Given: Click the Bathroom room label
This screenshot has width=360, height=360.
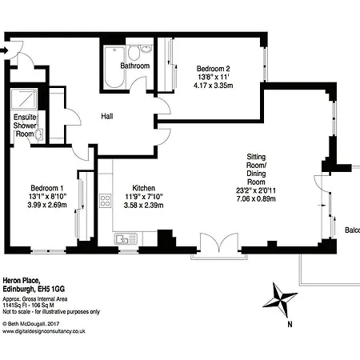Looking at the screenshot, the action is coord(134,66).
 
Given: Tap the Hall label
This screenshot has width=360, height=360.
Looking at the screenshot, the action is coord(107,116).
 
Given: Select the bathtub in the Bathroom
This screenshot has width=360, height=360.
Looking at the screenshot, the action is coord(114,67).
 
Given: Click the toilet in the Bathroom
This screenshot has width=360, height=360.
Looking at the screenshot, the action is coord(134,52).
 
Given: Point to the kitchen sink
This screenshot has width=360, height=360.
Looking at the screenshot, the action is coord(126,238).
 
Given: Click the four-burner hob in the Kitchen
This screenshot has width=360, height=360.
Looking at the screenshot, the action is coord(105,201).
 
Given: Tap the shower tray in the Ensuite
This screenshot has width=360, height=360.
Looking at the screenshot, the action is coord(24,98).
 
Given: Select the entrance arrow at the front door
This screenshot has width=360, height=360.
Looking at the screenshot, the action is coord(3,50).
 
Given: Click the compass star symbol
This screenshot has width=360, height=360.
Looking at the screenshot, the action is coord(280,299).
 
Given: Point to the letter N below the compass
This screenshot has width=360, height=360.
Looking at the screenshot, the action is coord(290,324).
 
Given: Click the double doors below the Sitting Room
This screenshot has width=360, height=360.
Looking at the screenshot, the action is coord(219,242).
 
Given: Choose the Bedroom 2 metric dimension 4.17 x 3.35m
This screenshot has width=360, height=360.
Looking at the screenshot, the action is coord(213,86).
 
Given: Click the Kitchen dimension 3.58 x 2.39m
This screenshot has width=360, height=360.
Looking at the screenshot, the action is coord(143,206).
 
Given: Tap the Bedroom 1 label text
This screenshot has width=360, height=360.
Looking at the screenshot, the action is coord(47,188).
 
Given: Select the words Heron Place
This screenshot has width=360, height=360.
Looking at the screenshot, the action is coord(22,281).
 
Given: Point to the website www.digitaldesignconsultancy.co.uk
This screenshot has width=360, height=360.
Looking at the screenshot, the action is coord(44,331).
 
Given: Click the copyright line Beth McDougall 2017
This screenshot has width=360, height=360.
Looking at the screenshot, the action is coord(31,324).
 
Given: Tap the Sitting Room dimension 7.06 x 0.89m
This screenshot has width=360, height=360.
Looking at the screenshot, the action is coord(256,199).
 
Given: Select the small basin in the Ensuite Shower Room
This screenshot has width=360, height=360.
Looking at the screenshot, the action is coord(39,134).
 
